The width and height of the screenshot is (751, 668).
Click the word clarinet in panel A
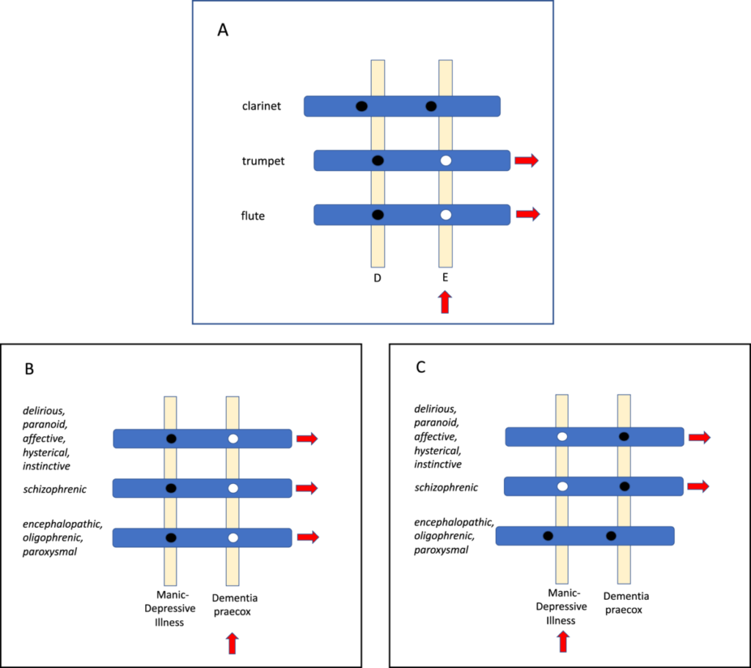click(x=262, y=106)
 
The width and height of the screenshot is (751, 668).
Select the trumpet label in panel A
click(x=263, y=161)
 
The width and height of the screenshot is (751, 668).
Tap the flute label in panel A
click(x=253, y=216)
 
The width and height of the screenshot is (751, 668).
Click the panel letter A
click(x=224, y=31)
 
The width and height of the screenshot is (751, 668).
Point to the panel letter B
click(x=29, y=369)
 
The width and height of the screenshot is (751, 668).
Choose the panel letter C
click(x=421, y=367)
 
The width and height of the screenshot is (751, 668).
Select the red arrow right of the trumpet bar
click(x=527, y=160)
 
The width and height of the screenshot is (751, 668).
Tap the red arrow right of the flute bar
click(x=527, y=214)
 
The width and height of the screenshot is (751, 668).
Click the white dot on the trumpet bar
click(x=445, y=160)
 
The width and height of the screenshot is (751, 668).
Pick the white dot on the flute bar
click(x=445, y=215)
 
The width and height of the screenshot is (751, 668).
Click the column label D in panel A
click(x=378, y=279)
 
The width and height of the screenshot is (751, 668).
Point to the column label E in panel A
click(x=445, y=279)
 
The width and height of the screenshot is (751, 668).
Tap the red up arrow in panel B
click(x=232, y=643)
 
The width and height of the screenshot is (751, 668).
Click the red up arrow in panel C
click(x=563, y=642)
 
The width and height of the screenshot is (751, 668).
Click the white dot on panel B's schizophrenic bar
click(x=232, y=488)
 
